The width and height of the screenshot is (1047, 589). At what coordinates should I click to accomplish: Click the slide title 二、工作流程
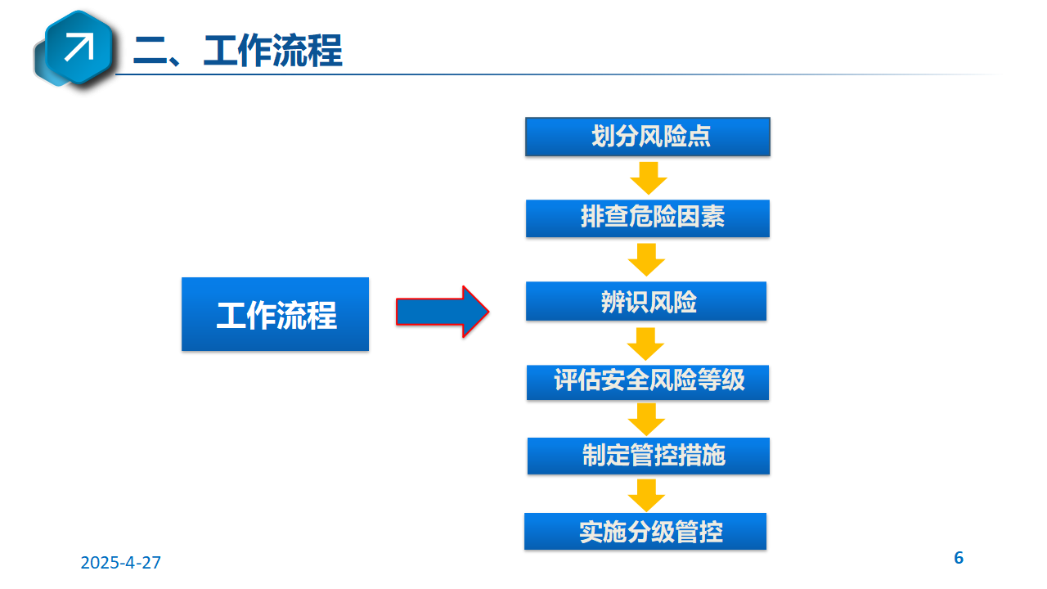pos(238,50)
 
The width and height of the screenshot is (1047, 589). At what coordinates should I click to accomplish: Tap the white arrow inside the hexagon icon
pos(79,47)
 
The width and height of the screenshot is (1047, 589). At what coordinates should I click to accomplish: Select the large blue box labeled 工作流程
pos(276,314)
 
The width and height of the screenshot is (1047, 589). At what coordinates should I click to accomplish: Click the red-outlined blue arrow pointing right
pos(443,312)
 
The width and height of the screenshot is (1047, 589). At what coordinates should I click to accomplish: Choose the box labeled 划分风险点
pos(648,137)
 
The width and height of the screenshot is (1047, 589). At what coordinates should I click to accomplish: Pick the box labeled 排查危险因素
pos(648,218)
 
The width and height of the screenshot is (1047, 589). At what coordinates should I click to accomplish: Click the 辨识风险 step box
pos(646,301)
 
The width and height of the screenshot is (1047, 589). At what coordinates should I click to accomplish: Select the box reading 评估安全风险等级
pos(648,382)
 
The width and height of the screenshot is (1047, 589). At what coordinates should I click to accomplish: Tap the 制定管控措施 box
pos(649,456)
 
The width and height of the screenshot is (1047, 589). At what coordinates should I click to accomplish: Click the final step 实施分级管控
pos(645,531)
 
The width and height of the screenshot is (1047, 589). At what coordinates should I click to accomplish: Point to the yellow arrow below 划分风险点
pos(649,178)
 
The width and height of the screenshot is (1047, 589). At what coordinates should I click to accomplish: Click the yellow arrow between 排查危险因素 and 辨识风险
pos(646,259)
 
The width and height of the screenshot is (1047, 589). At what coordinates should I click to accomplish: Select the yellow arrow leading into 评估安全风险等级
pos(645,344)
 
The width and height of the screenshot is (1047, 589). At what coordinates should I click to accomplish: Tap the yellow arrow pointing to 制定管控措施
pos(646,420)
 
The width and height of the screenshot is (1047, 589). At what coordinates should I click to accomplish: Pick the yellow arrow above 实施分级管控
pos(646,496)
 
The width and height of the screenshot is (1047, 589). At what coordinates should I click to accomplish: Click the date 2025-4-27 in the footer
pos(120,562)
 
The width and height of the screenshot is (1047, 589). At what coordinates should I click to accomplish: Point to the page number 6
pos(959,558)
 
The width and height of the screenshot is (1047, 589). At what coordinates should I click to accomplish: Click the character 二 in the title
pos(150,51)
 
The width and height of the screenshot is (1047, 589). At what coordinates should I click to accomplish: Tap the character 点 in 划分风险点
pos(699,137)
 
